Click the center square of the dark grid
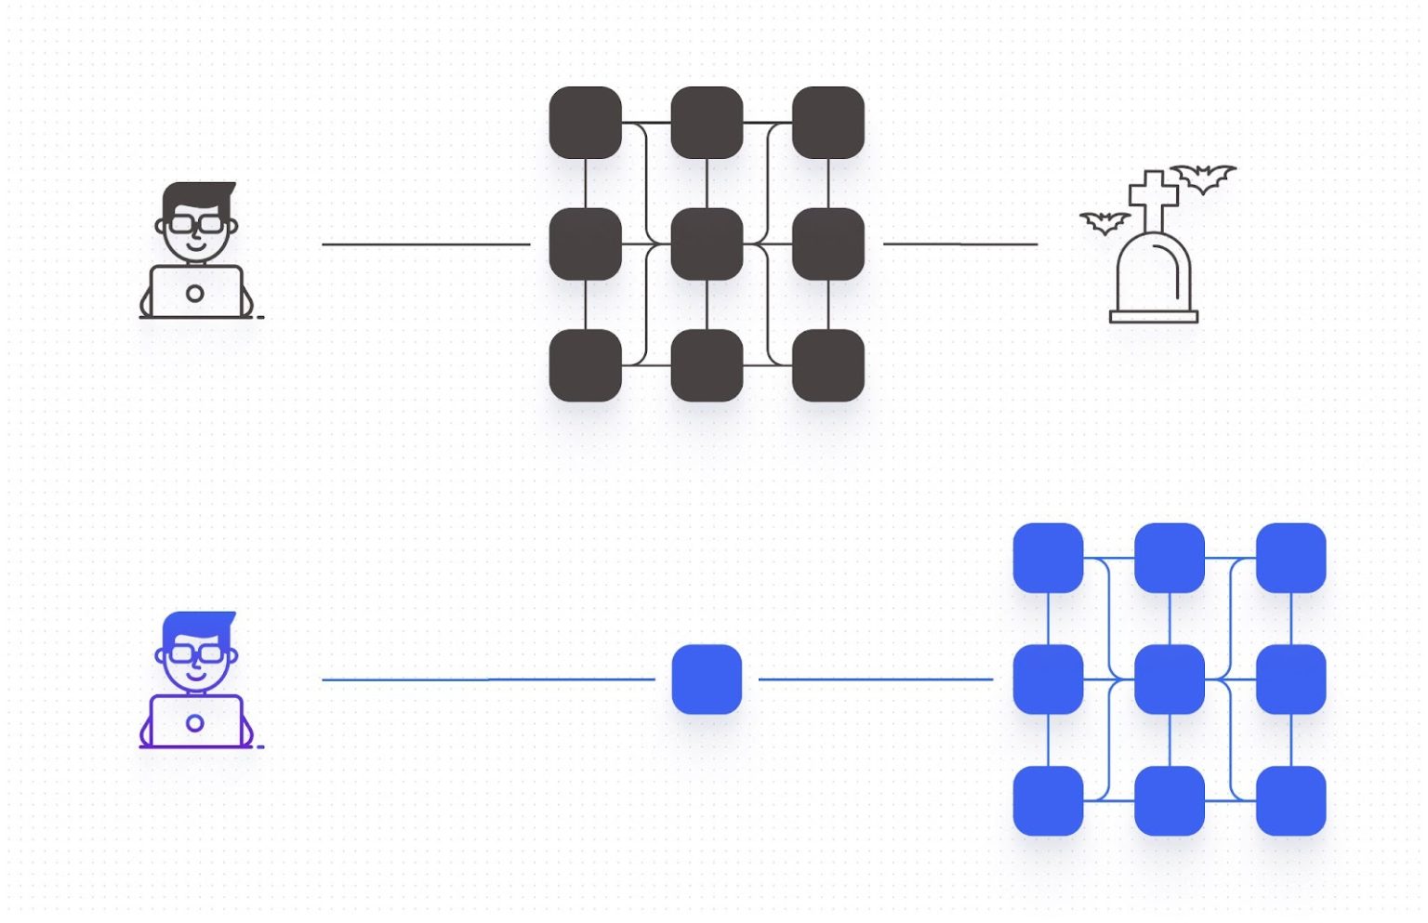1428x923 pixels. click(707, 244)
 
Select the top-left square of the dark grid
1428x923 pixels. click(586, 123)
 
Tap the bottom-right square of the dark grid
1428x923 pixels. click(828, 365)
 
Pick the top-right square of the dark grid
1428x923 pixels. click(828, 123)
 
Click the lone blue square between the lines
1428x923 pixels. click(707, 679)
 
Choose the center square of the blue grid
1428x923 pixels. click(1170, 679)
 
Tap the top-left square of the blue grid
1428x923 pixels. click(1048, 558)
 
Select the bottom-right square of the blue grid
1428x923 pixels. click(1291, 801)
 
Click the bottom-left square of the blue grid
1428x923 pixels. click(1048, 801)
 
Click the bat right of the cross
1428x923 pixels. click(1203, 177)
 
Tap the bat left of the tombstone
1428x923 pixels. click(1104, 222)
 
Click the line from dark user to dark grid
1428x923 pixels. click(426, 244)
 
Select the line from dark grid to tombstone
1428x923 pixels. click(960, 244)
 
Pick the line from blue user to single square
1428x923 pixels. click(488, 679)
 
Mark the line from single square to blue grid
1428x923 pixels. click(876, 679)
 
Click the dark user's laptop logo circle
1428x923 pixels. click(195, 294)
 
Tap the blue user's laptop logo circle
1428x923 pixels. click(195, 723)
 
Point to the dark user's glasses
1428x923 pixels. click(196, 224)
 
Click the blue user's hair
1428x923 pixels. click(198, 626)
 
